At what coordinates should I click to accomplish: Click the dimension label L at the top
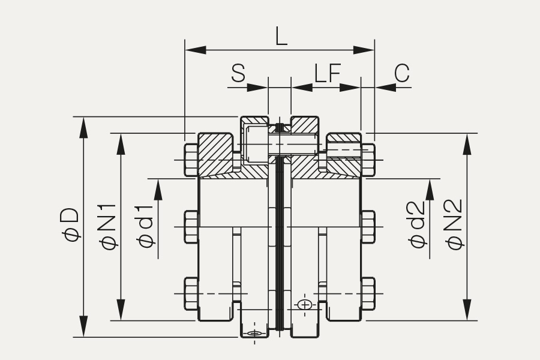(281, 37)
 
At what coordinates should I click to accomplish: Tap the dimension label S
(238, 73)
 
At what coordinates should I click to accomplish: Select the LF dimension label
(327, 73)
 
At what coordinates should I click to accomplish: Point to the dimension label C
(402, 73)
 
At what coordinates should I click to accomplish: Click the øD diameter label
(71, 224)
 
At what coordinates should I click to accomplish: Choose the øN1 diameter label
(108, 227)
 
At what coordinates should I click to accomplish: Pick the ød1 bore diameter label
(145, 226)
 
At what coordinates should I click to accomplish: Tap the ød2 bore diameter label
(418, 224)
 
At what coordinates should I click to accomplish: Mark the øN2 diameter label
(455, 224)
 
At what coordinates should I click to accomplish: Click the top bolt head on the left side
(191, 160)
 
